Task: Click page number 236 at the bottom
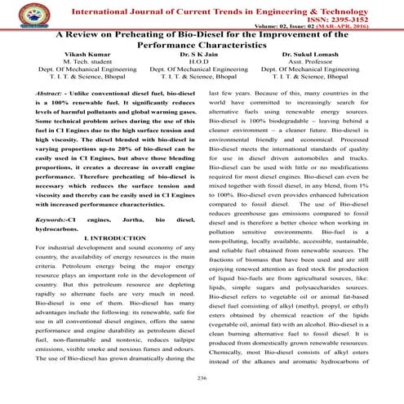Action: point(202,377)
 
